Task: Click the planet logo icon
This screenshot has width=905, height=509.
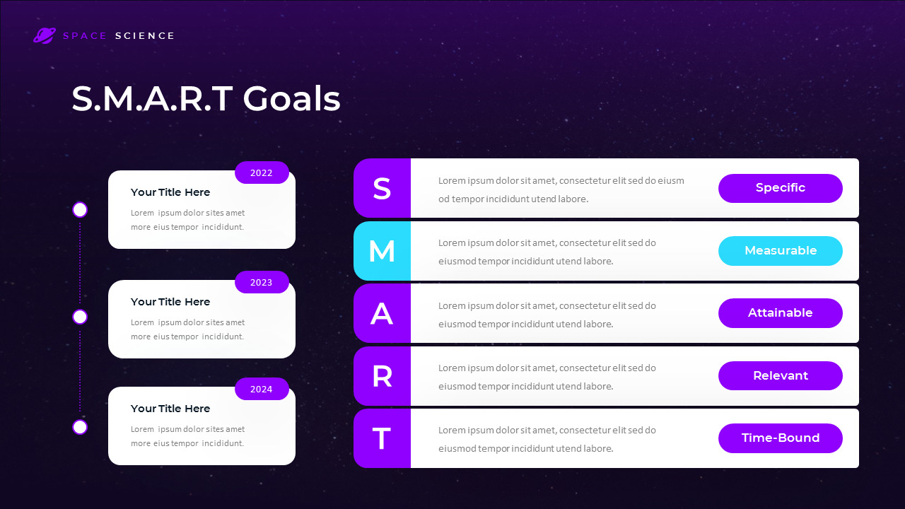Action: tap(44, 35)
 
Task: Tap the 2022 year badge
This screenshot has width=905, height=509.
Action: tap(262, 172)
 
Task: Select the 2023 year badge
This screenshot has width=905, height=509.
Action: tap(262, 282)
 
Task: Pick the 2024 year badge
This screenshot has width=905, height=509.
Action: tap(262, 389)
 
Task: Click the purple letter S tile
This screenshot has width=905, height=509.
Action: tap(382, 188)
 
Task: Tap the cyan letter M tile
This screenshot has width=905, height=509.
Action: tap(382, 251)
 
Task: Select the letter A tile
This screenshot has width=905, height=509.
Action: tap(382, 313)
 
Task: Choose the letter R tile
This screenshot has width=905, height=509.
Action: tap(382, 376)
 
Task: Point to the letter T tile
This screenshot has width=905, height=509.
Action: tap(382, 438)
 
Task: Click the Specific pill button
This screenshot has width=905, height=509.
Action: tap(780, 188)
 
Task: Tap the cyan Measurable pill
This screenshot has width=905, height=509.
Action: tap(780, 251)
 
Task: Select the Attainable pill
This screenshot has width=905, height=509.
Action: tap(780, 313)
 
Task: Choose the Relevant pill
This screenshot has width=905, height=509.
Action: tap(780, 376)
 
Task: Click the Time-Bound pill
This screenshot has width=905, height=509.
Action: tap(780, 438)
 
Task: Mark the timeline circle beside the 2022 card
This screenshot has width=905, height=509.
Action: tap(80, 210)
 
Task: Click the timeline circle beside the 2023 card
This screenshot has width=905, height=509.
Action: tap(80, 317)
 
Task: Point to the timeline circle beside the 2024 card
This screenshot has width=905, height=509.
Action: tap(80, 427)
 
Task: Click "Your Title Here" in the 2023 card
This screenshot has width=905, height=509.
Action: tap(170, 302)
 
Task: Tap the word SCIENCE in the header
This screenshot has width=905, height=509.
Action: tap(145, 36)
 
